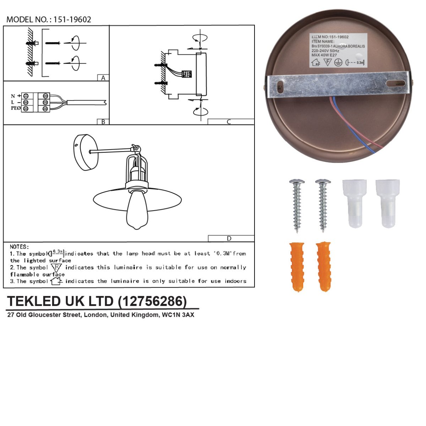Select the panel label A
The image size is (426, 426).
pos(103,78)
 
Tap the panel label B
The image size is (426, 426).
pos(103,122)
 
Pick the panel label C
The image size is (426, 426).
pos(229,122)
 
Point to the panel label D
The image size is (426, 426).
pos(229,239)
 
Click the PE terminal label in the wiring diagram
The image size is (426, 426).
pos(15,108)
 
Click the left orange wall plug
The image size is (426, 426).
pos(297,266)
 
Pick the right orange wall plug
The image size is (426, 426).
pos(323,266)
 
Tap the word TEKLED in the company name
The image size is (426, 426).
pos(34,301)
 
